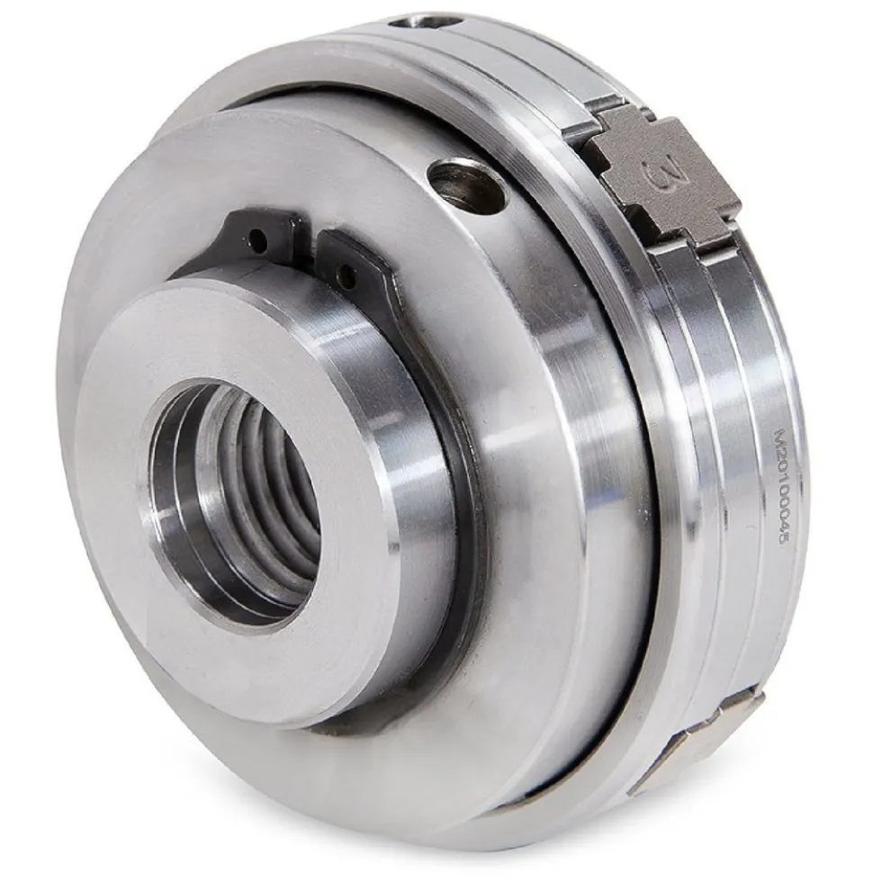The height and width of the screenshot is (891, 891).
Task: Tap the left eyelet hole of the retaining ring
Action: point(259,242)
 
